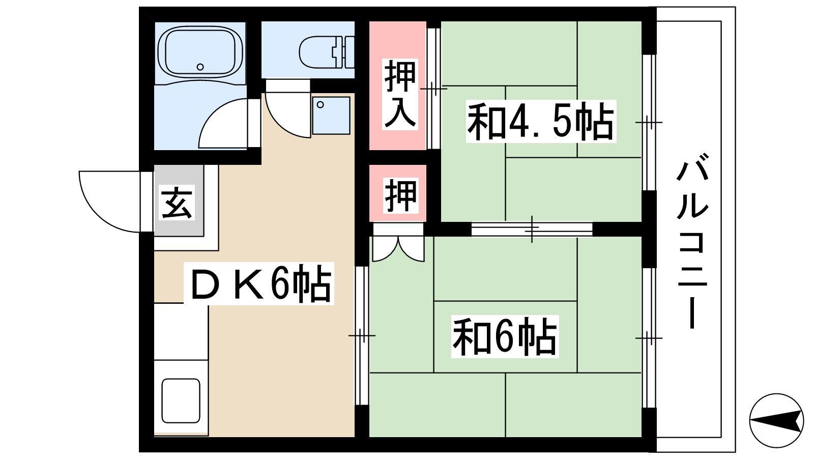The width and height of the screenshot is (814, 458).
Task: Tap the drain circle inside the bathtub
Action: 200,67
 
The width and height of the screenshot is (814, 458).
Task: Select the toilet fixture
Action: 327,51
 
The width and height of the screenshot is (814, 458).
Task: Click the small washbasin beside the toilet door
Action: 331,115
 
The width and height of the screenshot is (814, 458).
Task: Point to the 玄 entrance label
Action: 178,203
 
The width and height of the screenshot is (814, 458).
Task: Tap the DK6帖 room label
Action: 259,284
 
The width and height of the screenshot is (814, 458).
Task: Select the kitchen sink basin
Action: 181,400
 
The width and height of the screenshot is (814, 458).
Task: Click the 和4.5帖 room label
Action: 540,122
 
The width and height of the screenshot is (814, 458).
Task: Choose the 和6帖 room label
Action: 505,336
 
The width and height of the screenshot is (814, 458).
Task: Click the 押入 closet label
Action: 399,94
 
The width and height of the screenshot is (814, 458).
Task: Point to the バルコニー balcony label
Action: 692,241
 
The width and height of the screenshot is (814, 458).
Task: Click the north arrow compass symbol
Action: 776,420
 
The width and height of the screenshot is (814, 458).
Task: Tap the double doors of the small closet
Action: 399,249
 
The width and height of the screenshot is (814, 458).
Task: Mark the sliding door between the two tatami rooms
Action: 532,229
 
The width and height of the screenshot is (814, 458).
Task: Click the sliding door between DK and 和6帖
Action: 362,336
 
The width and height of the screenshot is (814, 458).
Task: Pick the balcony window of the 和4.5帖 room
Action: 649,123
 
